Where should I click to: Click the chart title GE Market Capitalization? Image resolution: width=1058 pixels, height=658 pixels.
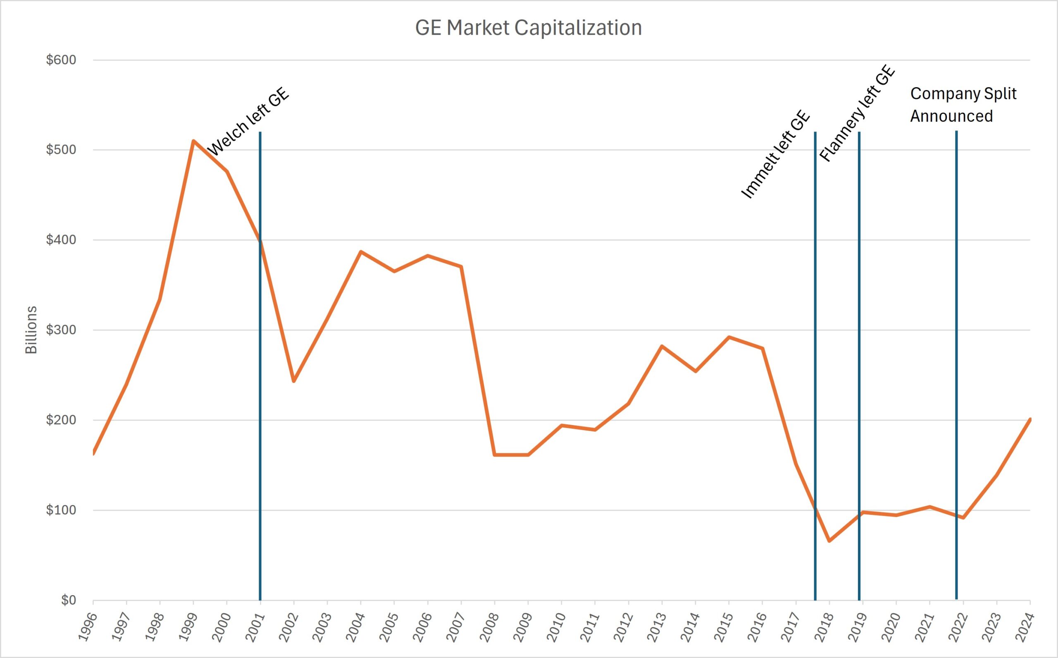point(528,28)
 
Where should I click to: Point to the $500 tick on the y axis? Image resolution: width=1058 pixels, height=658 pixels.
point(61,150)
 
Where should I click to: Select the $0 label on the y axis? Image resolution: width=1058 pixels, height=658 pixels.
point(68,600)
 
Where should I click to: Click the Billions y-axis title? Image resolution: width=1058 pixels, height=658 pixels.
point(31,330)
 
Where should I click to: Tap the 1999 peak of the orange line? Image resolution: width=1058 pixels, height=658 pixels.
point(193,141)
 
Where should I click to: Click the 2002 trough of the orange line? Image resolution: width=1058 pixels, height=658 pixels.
point(293,381)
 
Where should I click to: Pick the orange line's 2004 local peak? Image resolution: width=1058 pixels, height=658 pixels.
point(360,251)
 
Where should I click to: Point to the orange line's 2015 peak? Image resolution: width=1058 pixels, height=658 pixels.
point(729,337)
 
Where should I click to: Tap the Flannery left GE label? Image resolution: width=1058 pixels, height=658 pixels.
point(857,114)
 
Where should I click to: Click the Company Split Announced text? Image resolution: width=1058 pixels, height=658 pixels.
point(963,105)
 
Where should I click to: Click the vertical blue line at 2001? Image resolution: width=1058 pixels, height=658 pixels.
point(260,392)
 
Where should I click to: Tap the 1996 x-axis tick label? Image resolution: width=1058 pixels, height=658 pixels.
point(87,627)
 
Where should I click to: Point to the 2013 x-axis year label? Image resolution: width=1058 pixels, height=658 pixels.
point(656,627)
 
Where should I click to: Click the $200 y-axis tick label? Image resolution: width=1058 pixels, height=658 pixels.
point(61,420)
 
